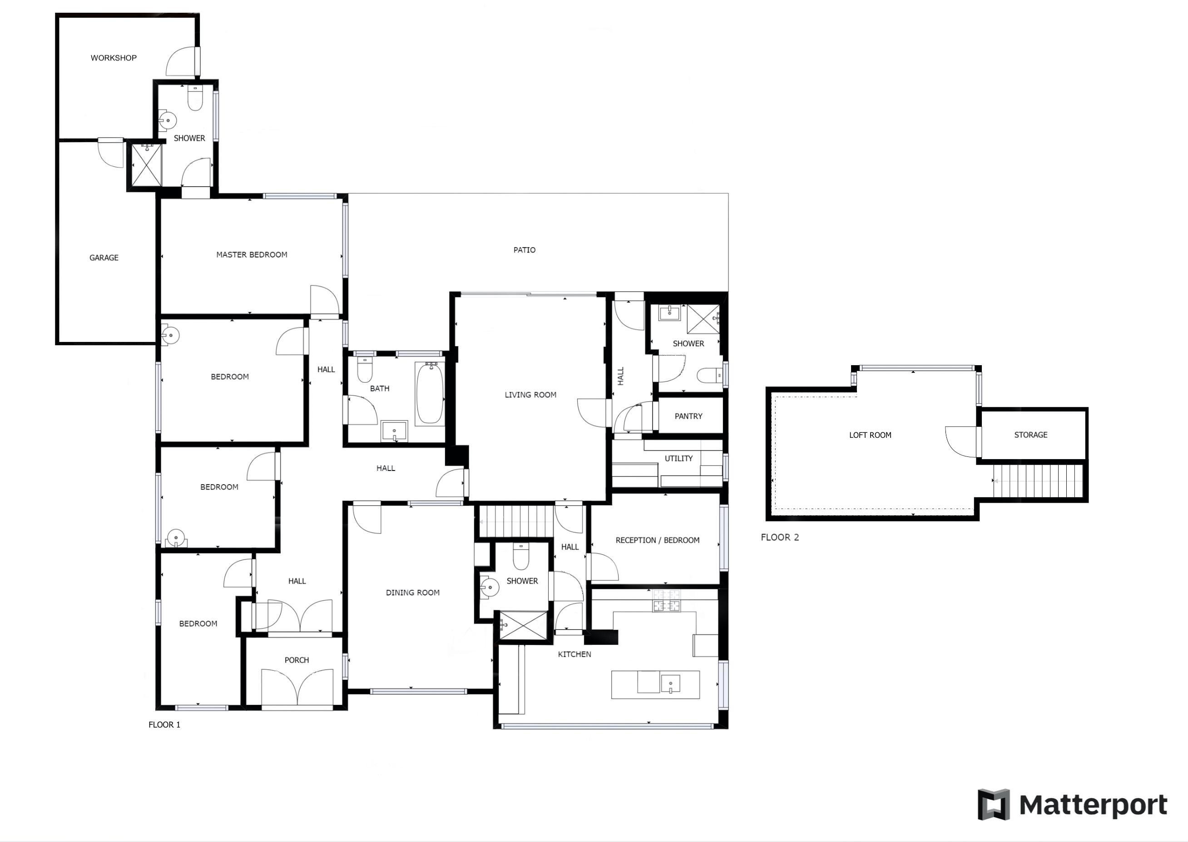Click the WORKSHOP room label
[x=114, y=58]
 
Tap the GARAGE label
[x=104, y=258]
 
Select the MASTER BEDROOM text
[x=252, y=255]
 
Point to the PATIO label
[x=524, y=250]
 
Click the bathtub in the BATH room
[x=430, y=393]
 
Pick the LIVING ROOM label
[x=530, y=395]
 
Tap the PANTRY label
[x=688, y=416]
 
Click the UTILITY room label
[x=678, y=458]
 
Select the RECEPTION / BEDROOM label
[x=657, y=540]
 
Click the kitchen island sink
[x=670, y=684]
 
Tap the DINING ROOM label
[x=413, y=593]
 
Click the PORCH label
[x=297, y=660]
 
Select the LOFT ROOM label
[x=870, y=435]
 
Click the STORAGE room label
[x=1030, y=435]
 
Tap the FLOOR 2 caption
[x=780, y=538]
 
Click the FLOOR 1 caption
[x=164, y=725]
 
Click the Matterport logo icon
[x=993, y=805]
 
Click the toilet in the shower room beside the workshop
[x=195, y=99]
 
